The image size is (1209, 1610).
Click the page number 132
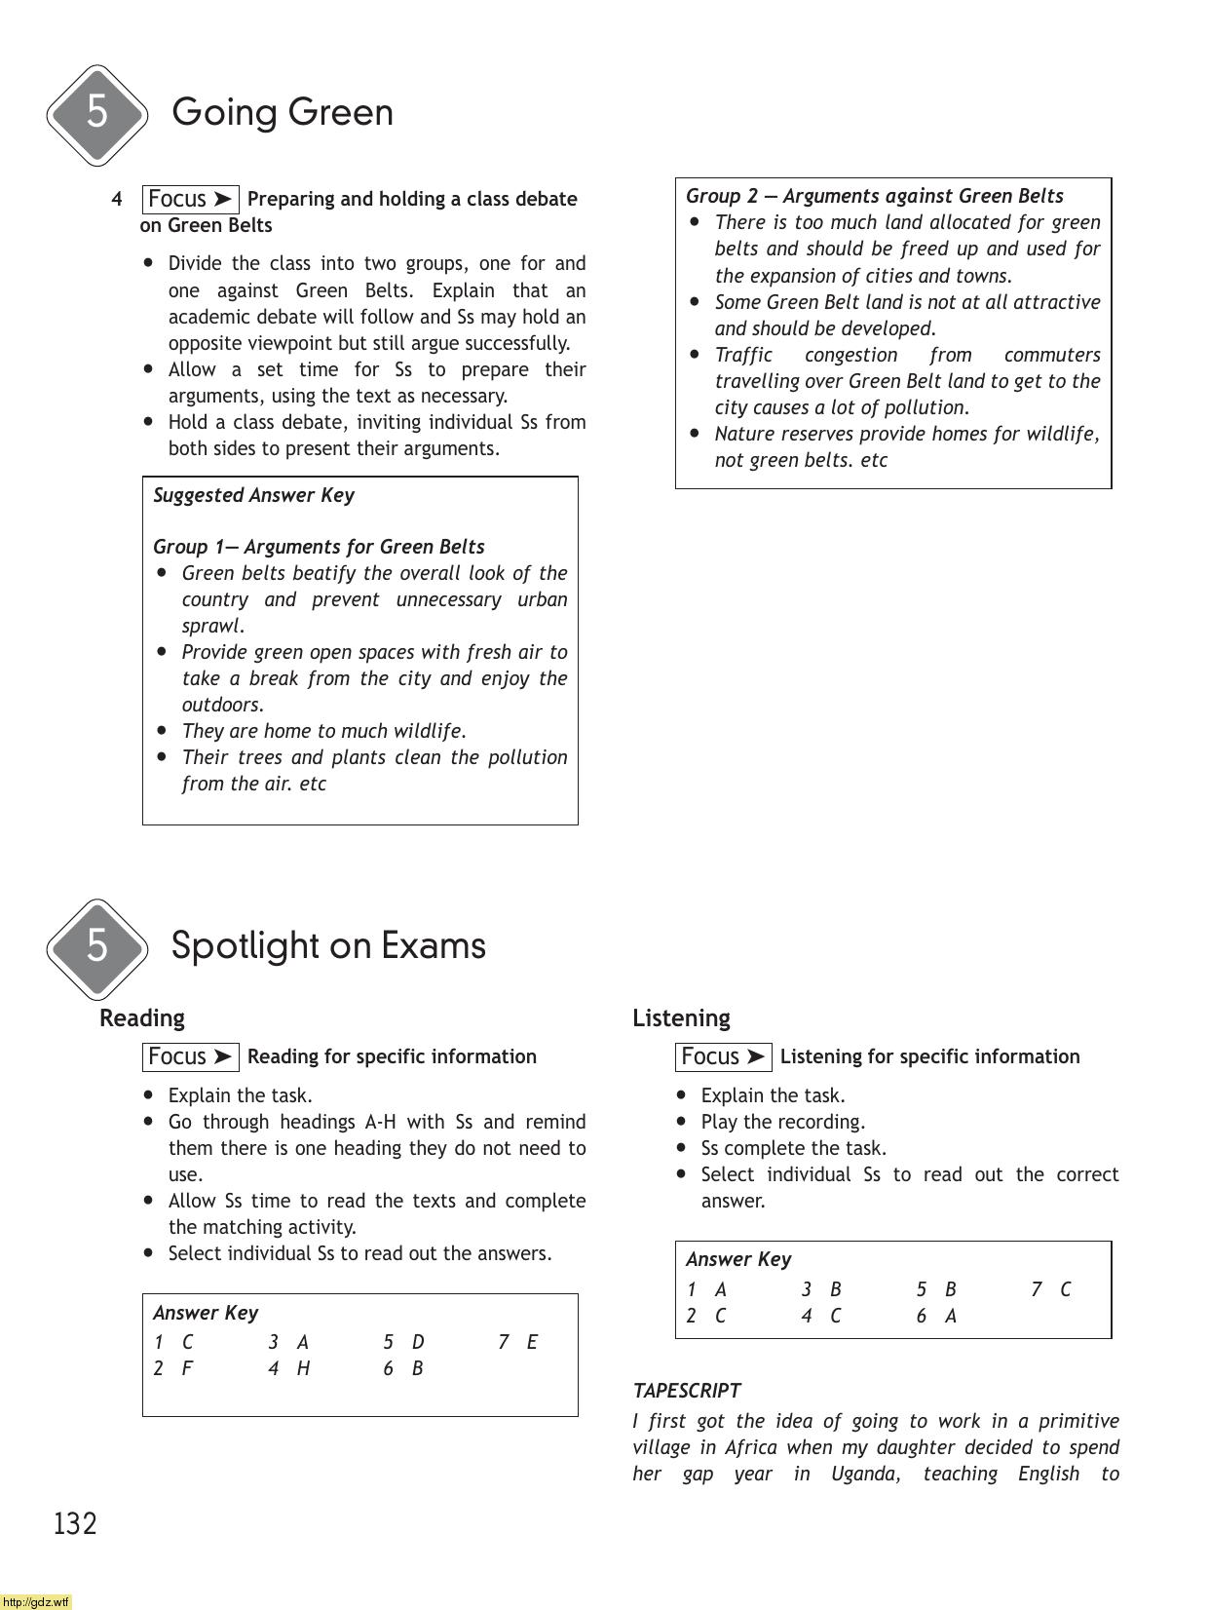[x=75, y=1523]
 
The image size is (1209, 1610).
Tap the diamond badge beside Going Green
[x=96, y=114]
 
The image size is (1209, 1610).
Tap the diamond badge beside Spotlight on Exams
[x=96, y=947]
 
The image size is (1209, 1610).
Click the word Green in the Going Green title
[x=341, y=113]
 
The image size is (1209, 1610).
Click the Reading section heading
[x=141, y=1018]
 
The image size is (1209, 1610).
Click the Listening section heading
[x=680, y=1018]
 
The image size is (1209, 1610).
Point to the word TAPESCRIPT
[x=686, y=1391]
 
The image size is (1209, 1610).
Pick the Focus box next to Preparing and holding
[x=190, y=200]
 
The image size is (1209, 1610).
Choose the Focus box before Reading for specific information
[x=190, y=1057]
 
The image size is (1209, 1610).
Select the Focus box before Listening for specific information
[x=723, y=1057]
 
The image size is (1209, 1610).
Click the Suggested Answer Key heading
[x=253, y=495]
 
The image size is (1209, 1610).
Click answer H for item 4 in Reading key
[x=303, y=1368]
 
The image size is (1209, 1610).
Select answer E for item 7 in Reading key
[x=532, y=1342]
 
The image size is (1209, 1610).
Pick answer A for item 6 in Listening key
[x=951, y=1316]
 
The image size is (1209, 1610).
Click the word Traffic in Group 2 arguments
[x=743, y=355]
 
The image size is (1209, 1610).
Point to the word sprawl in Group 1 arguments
[x=211, y=626]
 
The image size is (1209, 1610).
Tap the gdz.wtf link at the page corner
[x=36, y=1601]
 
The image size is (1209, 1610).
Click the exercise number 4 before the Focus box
[x=117, y=200]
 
